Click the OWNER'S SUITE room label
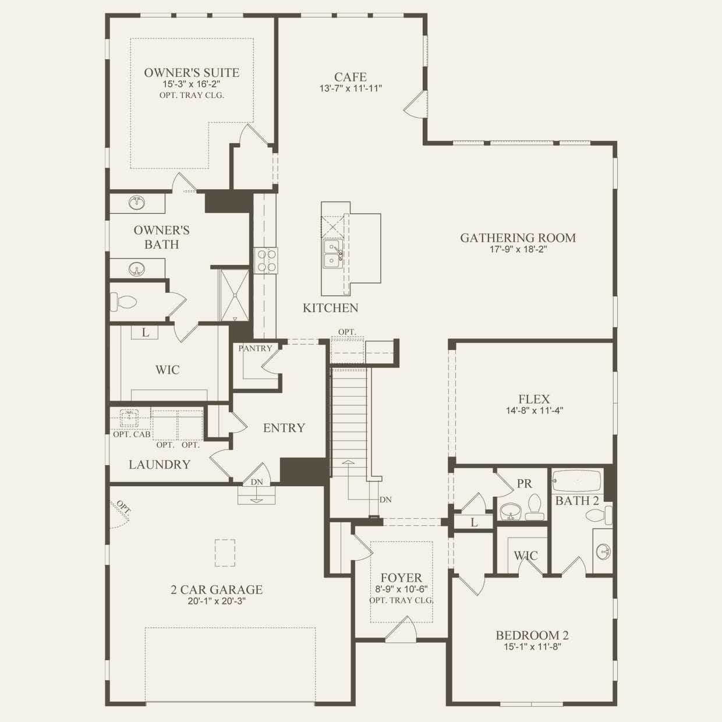(x=192, y=72)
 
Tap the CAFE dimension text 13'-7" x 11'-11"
(x=351, y=89)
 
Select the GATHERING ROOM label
(x=518, y=238)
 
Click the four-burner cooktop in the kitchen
(x=266, y=261)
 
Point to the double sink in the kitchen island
(x=332, y=254)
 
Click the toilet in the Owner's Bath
(x=123, y=302)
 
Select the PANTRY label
(x=256, y=348)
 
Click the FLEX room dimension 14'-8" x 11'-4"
(x=535, y=410)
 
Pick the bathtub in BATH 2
(x=577, y=481)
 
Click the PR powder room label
(x=524, y=483)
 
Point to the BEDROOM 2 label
(x=532, y=635)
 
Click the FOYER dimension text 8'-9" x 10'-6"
(x=401, y=589)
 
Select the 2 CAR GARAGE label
(x=217, y=589)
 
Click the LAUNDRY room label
(x=160, y=464)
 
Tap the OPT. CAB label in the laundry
(x=132, y=434)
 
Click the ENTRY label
(x=284, y=427)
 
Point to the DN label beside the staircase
(x=385, y=500)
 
